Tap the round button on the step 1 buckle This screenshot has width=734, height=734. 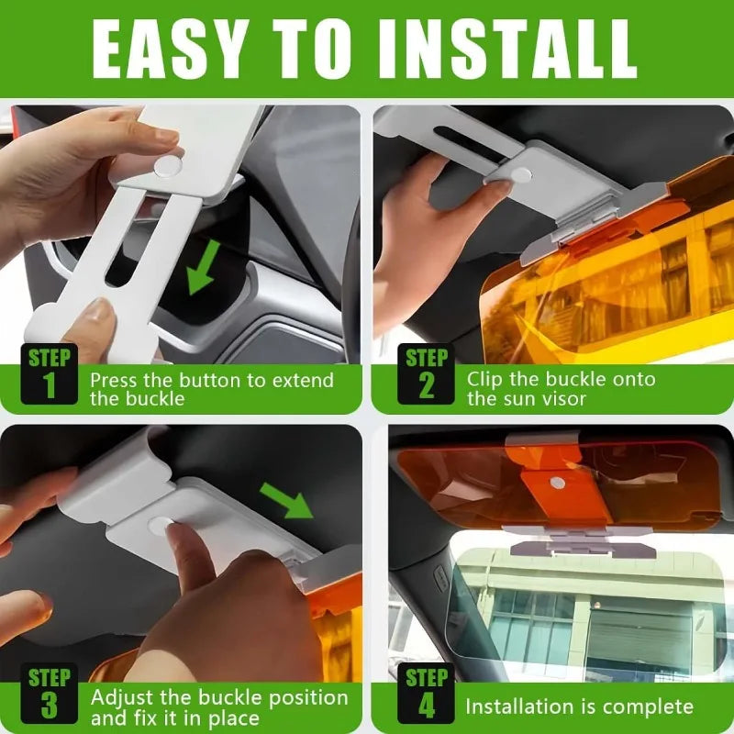click(x=167, y=166)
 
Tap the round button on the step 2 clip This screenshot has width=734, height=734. click(x=520, y=174)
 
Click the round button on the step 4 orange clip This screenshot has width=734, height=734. click(x=556, y=482)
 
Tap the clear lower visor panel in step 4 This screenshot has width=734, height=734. click(x=587, y=606)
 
